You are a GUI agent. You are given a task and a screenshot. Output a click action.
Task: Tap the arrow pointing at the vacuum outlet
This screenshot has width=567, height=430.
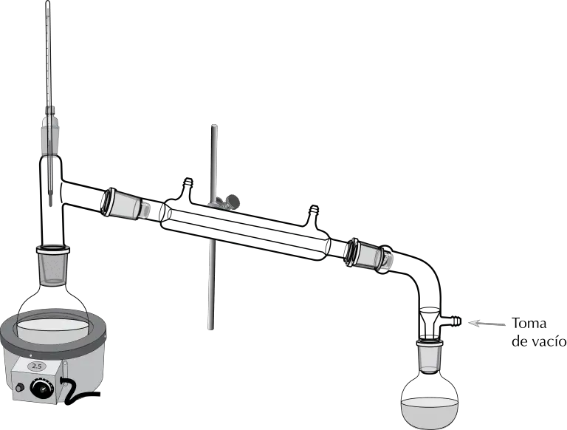point(487,323)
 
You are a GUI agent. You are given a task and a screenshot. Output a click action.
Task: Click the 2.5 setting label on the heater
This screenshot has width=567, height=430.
point(37,366)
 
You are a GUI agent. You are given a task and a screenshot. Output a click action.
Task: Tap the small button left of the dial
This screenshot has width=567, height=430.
point(19,387)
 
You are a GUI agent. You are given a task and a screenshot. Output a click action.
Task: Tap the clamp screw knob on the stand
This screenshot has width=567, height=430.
point(233,200)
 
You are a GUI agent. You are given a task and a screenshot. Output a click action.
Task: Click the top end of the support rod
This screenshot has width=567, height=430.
point(213,126)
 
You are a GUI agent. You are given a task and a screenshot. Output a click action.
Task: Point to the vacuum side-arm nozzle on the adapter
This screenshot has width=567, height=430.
point(453,321)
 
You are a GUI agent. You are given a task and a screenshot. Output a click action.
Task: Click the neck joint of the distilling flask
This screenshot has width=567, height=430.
point(53,265)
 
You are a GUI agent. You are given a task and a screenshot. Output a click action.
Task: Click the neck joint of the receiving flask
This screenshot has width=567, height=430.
point(430,357)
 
